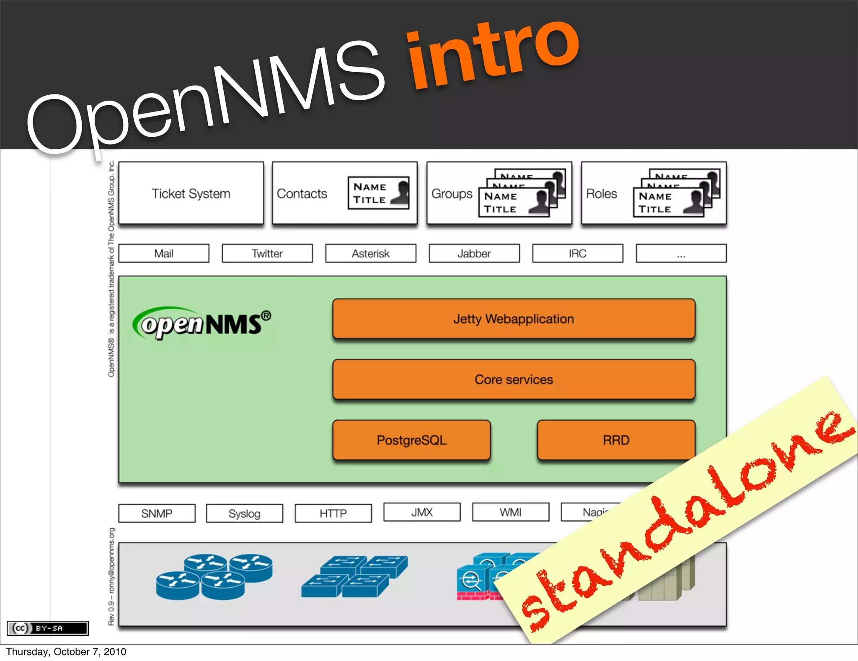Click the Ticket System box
pos(191,193)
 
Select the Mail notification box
pos(164,253)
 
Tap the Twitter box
pos(267,253)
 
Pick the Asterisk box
pos(371,253)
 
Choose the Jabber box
pos(474,253)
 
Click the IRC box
pos(578,253)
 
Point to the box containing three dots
pos(681,253)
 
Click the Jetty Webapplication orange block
pos(514,319)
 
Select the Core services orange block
pos(514,379)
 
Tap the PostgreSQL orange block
pos(411,440)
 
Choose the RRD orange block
pos(616,440)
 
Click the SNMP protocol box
pos(157,513)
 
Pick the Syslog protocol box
pos(244,513)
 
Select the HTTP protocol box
pos(333,513)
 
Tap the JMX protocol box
pos(422,512)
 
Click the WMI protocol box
pos(511,512)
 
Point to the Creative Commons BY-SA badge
pos(48,628)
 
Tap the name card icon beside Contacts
pos(378,193)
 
